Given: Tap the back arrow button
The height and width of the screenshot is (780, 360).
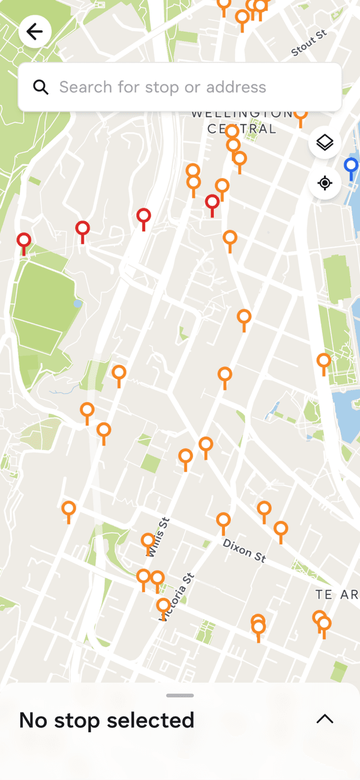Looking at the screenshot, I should click(x=35, y=32).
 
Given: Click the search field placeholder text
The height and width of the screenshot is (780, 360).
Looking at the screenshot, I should click(x=163, y=87).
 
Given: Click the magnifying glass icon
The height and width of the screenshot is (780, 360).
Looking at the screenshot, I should click(x=40, y=87).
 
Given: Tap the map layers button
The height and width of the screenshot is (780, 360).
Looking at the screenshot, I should click(x=325, y=142).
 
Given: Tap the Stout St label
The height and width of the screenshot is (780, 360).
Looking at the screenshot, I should click(x=309, y=43).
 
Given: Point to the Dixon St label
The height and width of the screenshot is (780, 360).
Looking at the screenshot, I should click(x=244, y=550).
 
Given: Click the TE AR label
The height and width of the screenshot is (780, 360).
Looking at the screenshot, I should click(x=336, y=595).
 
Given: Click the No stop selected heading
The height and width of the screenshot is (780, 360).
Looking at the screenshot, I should click(x=107, y=720).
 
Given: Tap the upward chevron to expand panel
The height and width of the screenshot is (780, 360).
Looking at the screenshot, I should click(x=325, y=719).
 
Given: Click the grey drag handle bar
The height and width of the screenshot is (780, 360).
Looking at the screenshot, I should click(x=180, y=696).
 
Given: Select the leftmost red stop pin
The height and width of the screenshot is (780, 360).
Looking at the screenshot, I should click(x=24, y=241).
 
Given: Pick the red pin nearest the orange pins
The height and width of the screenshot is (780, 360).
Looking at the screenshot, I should click(x=212, y=202).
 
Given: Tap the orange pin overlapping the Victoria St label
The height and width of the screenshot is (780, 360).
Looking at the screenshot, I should click(x=164, y=606).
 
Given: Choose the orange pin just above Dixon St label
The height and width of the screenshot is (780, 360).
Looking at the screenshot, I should click(x=223, y=521).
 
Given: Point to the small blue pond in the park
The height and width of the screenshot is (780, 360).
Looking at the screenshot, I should click(x=77, y=304).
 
